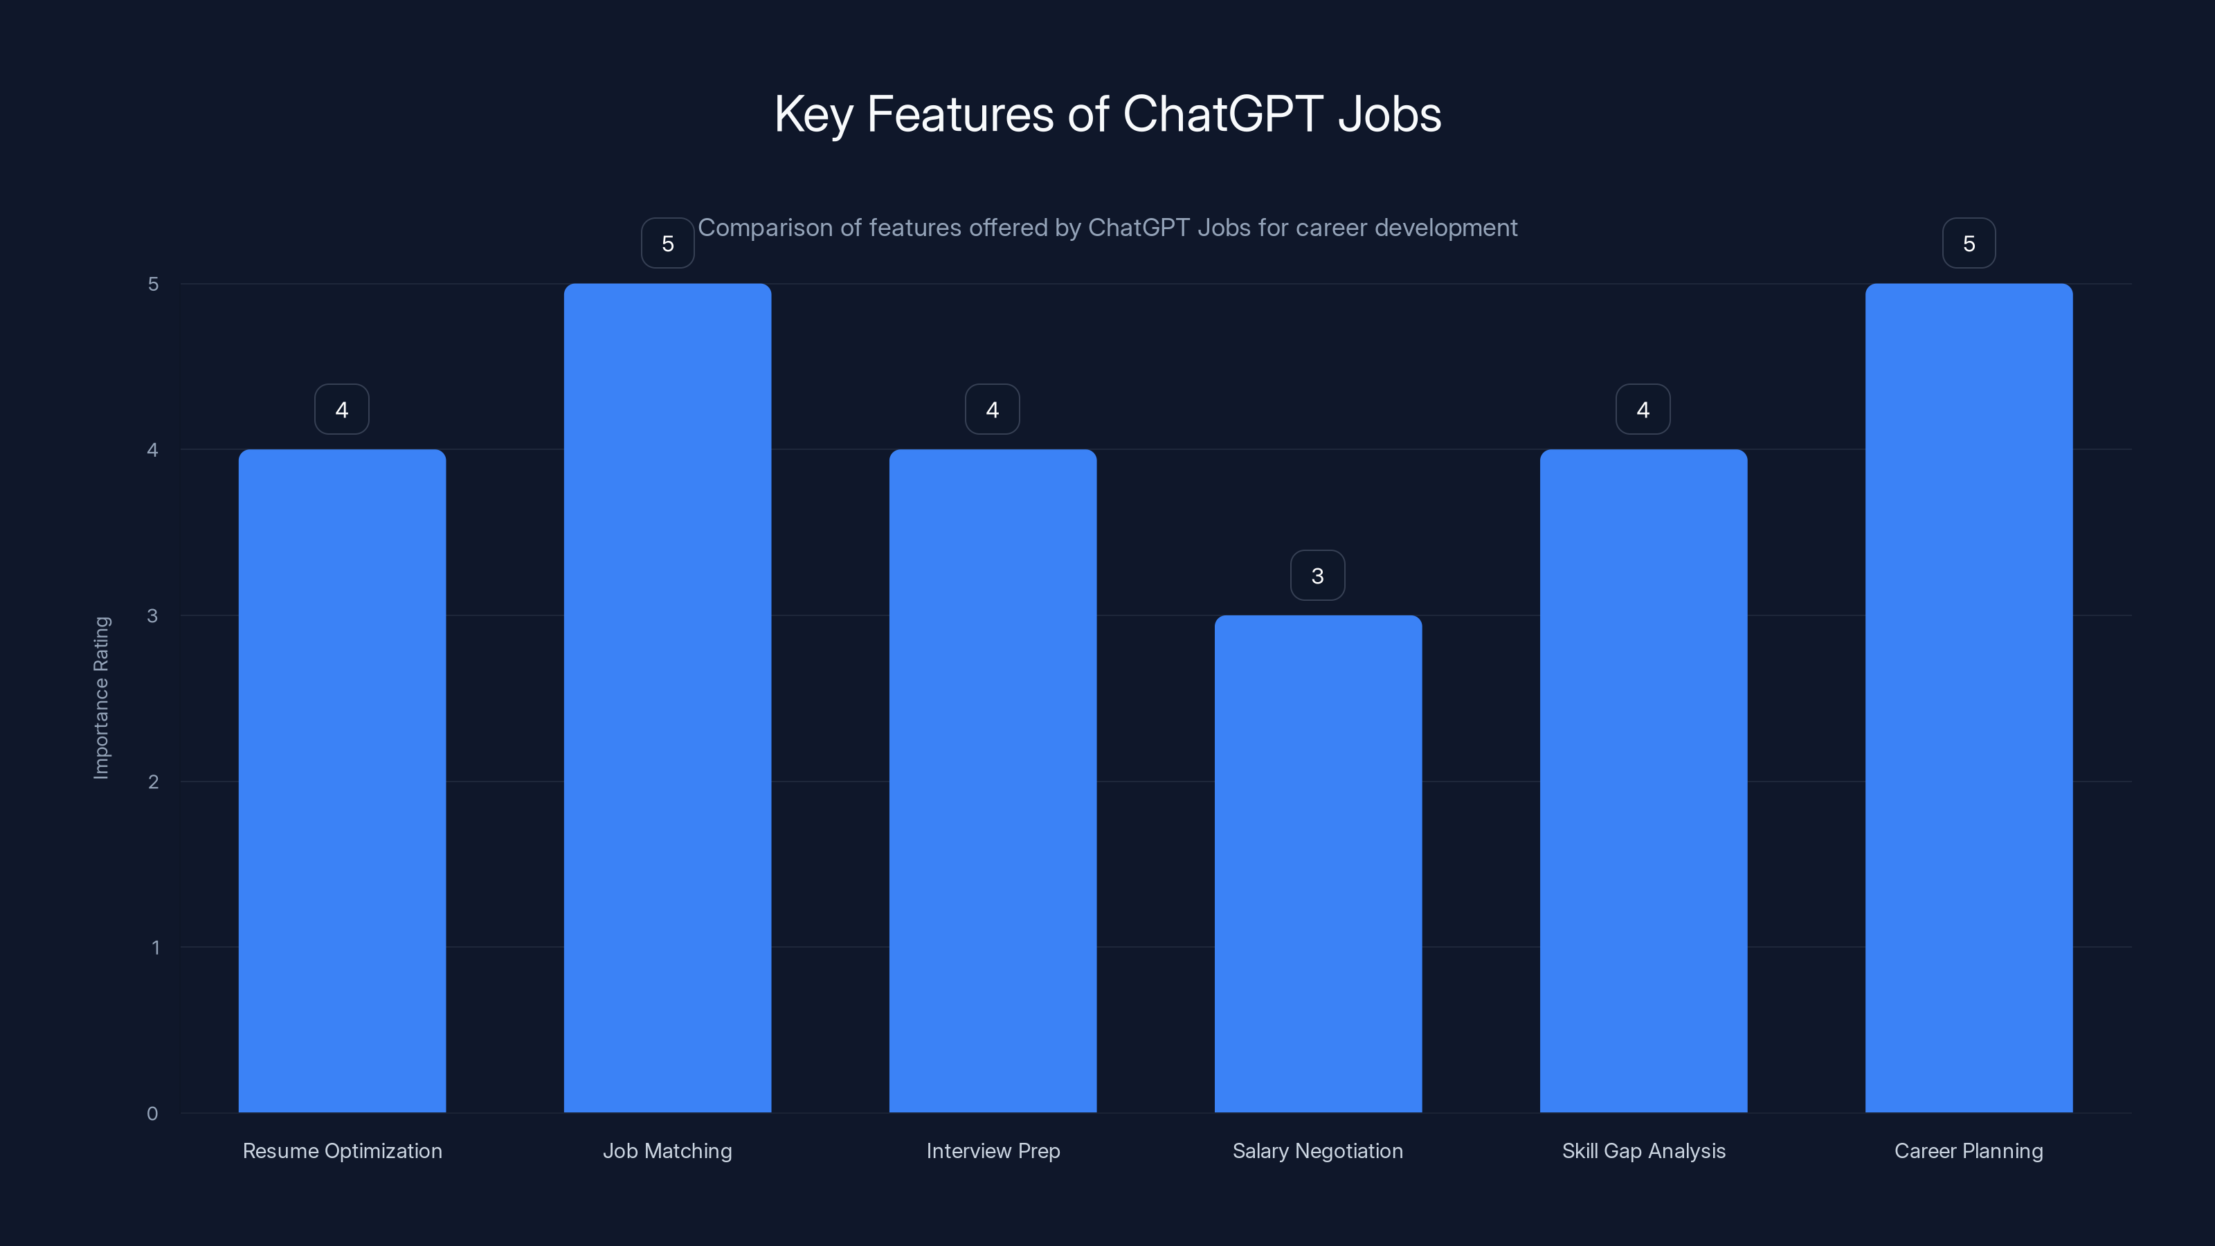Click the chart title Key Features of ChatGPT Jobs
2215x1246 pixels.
click(x=1107, y=114)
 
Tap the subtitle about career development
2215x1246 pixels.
click(x=1107, y=228)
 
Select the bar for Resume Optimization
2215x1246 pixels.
click(x=342, y=781)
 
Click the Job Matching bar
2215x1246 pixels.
click(x=667, y=698)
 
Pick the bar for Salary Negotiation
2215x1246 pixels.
click(x=1317, y=863)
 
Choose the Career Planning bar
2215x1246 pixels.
click(x=1968, y=698)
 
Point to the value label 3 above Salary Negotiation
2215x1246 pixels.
click(x=1317, y=576)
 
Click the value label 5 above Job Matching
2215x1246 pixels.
click(x=667, y=244)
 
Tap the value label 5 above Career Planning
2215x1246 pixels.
click(x=1968, y=244)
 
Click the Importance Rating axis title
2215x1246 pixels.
click(x=102, y=697)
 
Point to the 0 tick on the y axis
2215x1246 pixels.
click(x=152, y=1114)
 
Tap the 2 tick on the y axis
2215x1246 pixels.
click(x=153, y=782)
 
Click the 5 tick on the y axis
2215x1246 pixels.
click(x=153, y=285)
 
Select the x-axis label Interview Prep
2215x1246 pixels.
click(x=993, y=1150)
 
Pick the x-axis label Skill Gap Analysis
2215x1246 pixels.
click(x=1643, y=1150)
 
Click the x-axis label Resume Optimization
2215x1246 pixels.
click(x=342, y=1150)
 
